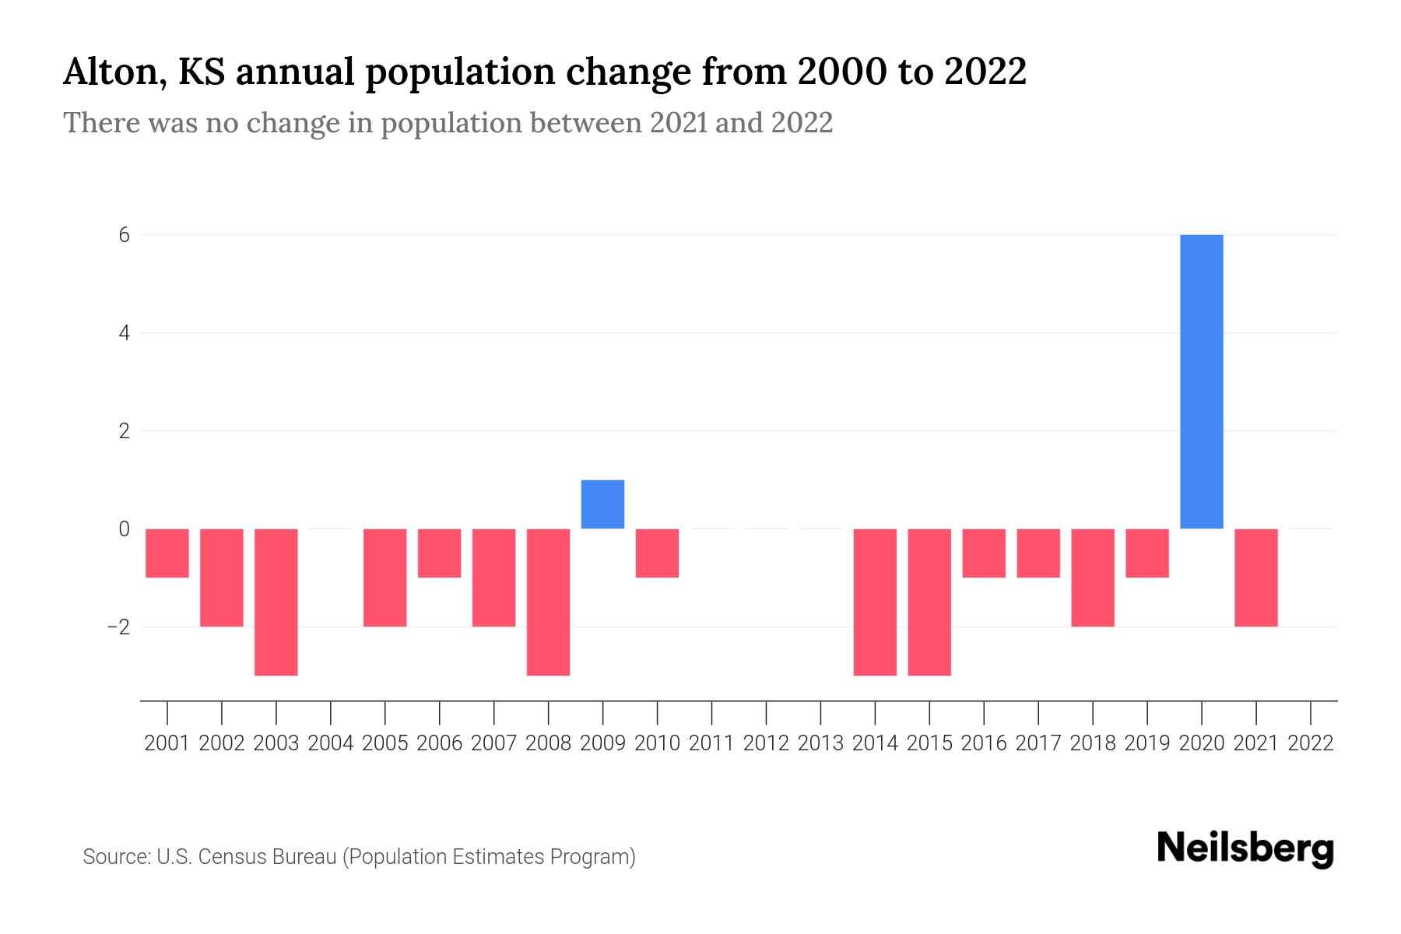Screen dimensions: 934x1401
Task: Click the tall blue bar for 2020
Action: pyautogui.click(x=1201, y=381)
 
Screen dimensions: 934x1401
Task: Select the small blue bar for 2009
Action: pyautogui.click(x=602, y=504)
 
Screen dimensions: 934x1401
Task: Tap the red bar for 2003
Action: pyautogui.click(x=276, y=602)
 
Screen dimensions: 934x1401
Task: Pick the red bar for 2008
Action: pyautogui.click(x=548, y=602)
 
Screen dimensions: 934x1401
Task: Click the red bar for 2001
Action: pyautogui.click(x=167, y=553)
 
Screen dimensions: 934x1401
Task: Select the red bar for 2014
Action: pyautogui.click(x=875, y=602)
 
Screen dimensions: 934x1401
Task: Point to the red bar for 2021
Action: pyautogui.click(x=1255, y=578)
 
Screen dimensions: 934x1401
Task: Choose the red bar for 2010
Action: pyautogui.click(x=657, y=553)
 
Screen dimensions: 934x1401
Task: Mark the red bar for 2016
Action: pyautogui.click(x=984, y=553)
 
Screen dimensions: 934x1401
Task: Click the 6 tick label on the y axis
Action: pyautogui.click(x=124, y=235)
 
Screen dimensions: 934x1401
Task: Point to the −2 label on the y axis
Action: pyautogui.click(x=118, y=627)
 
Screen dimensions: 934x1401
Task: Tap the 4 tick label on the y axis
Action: pyautogui.click(x=124, y=333)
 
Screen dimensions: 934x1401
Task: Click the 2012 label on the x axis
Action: pyautogui.click(x=766, y=743)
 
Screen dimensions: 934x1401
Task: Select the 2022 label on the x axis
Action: pyautogui.click(x=1311, y=743)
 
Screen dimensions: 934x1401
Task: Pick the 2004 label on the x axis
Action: pyautogui.click(x=331, y=743)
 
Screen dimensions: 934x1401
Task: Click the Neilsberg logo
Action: pyautogui.click(x=1245, y=849)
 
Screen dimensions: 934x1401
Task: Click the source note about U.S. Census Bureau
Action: pyautogui.click(x=359, y=857)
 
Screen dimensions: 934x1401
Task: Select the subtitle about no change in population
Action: pyautogui.click(x=448, y=123)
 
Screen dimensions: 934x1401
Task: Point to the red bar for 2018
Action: pyautogui.click(x=1092, y=578)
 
